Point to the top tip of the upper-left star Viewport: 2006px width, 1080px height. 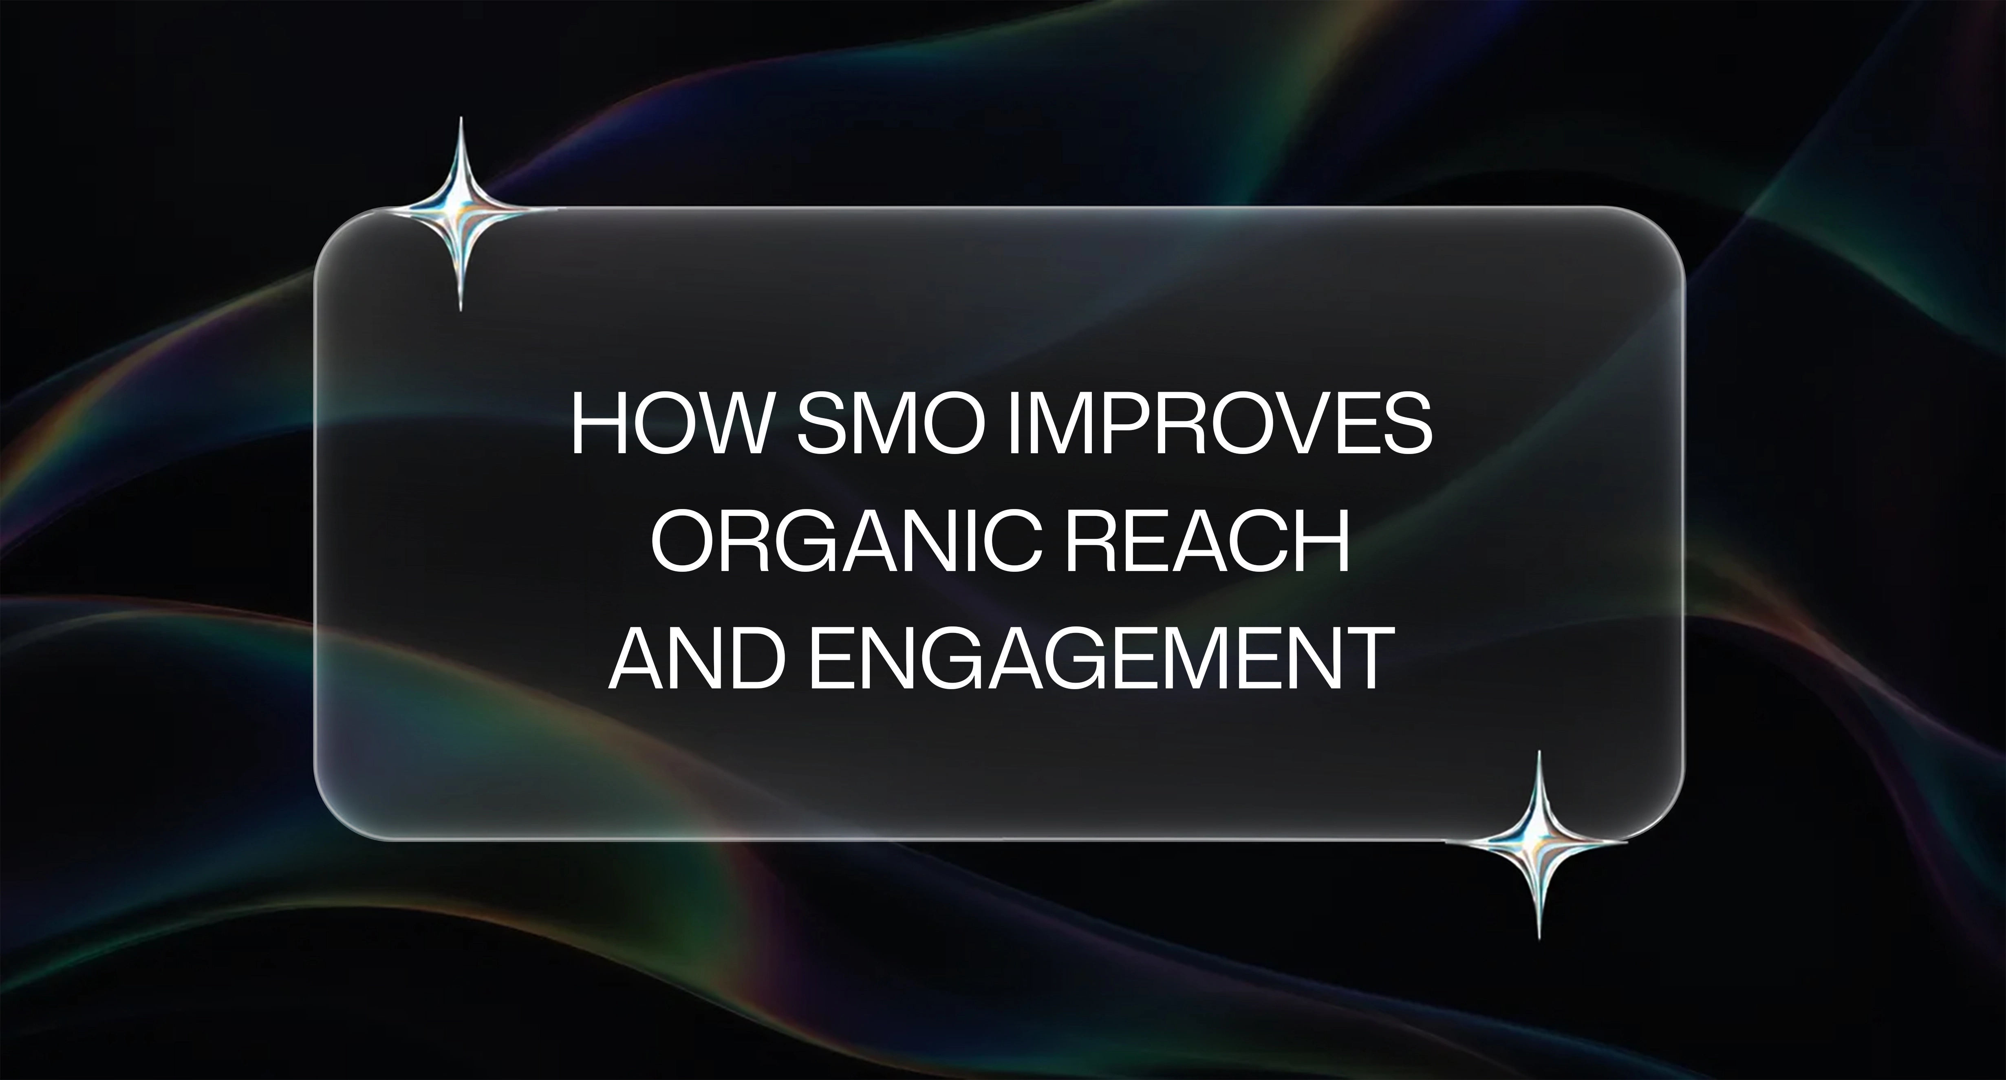[x=460, y=118]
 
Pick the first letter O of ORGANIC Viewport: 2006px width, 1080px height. [x=681, y=543]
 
